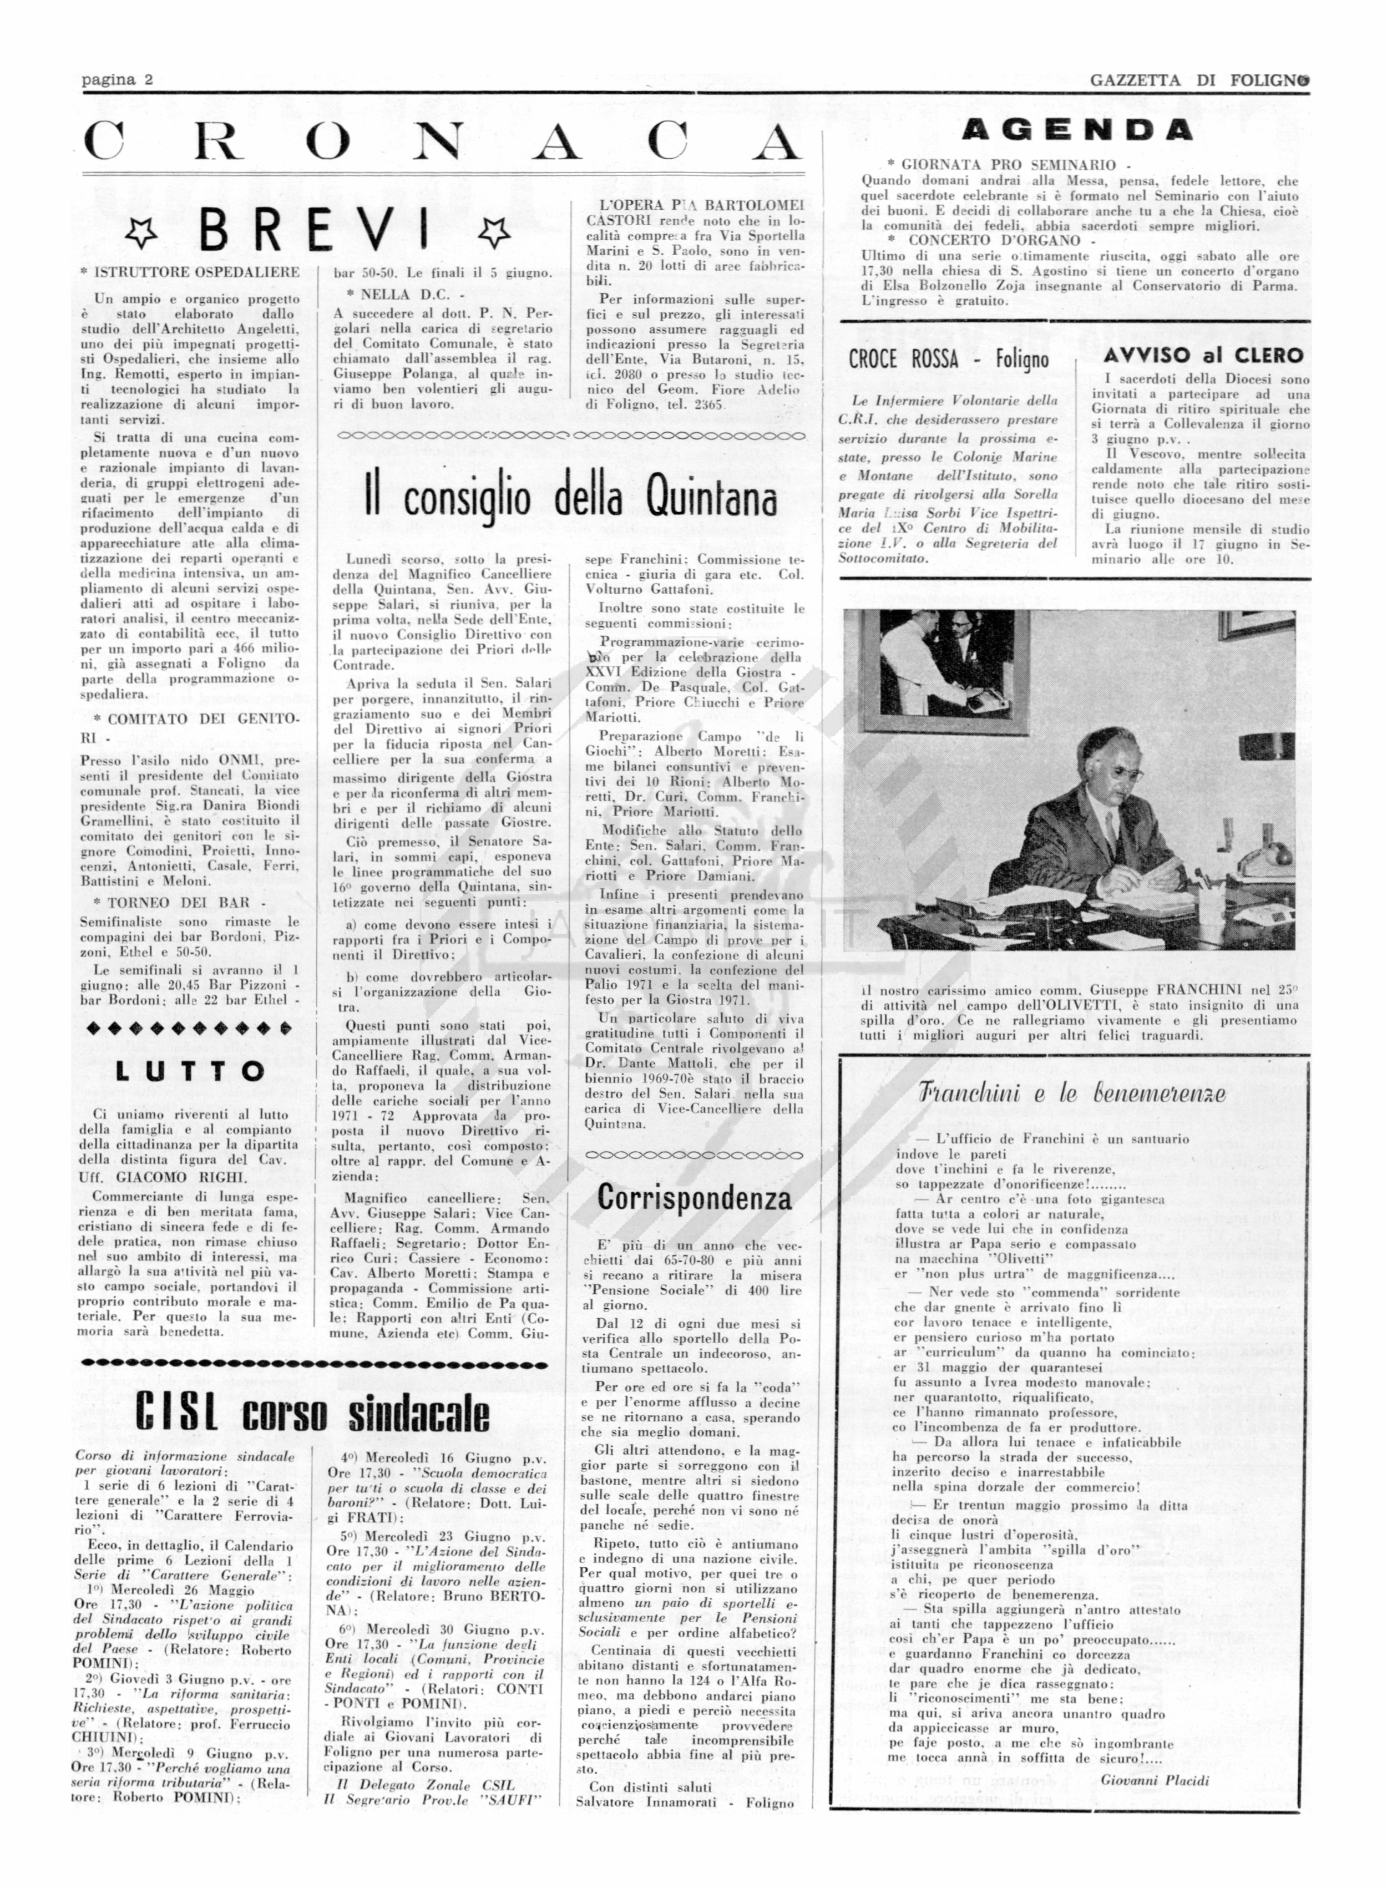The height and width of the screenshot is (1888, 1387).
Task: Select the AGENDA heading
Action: [1077, 130]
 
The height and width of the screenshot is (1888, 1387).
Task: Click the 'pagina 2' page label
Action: [117, 80]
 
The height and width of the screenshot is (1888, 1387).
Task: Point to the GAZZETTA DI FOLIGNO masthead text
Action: [1199, 80]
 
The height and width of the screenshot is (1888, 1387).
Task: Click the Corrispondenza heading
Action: [693, 1198]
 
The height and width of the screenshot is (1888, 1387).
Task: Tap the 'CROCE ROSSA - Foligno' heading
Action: [949, 360]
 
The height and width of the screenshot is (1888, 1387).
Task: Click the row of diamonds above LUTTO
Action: [190, 1027]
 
